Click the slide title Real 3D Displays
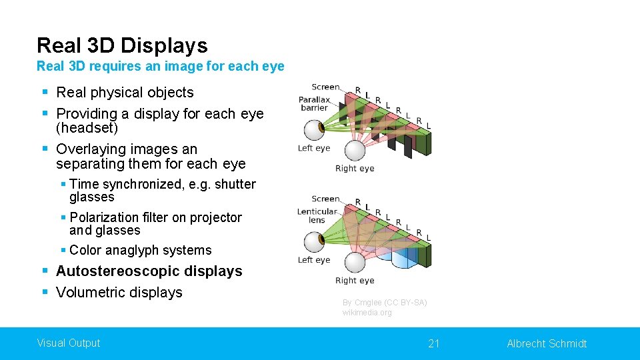(122, 45)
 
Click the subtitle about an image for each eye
(160, 66)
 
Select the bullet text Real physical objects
(125, 93)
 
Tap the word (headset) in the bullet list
(87, 128)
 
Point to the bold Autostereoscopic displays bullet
(149, 271)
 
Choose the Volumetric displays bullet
(119, 293)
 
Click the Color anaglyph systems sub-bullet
(140, 250)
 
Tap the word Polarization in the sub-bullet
(103, 217)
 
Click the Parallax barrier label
(314, 104)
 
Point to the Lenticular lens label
(317, 215)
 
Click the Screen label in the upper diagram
(325, 87)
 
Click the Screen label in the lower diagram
(325, 199)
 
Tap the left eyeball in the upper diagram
(314, 130)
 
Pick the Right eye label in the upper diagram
(355, 169)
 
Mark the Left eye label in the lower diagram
(314, 260)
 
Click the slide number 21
(434, 343)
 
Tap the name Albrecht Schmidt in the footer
(547, 343)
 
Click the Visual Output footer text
(68, 343)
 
